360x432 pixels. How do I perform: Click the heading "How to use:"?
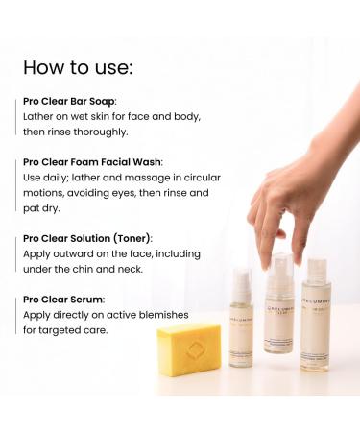[80, 68]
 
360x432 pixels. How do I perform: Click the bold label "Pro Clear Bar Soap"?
[68, 100]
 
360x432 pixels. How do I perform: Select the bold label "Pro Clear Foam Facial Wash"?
[93, 161]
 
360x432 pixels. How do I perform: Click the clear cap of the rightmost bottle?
[317, 271]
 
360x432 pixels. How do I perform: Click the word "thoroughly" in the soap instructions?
[96, 131]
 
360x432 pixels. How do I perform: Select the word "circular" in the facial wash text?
[184, 177]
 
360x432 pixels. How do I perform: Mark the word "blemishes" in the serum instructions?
[159, 315]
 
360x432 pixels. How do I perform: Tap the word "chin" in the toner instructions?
[90, 269]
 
